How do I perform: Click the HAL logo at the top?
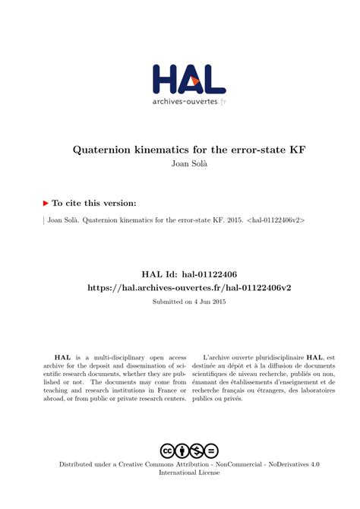pyautogui.click(x=188, y=78)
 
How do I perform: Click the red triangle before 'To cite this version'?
pyautogui.click(x=46, y=204)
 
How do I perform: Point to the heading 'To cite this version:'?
pyautogui.click(x=94, y=204)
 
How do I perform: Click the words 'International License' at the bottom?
pyautogui.click(x=188, y=472)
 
